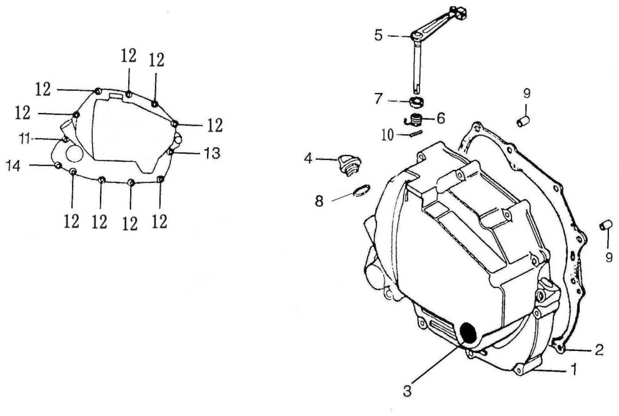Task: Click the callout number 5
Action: tap(378, 36)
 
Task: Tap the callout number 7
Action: tap(378, 99)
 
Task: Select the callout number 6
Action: tap(440, 117)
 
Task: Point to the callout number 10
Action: tap(388, 136)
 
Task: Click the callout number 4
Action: tap(309, 159)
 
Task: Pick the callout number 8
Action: tap(319, 201)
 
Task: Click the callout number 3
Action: tap(408, 391)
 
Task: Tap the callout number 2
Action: tap(599, 349)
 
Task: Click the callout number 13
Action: tap(212, 153)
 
